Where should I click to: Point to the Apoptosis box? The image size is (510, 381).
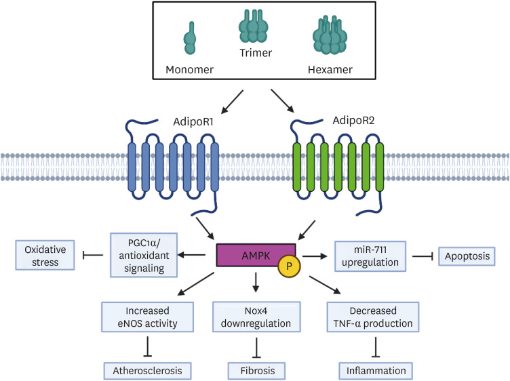pyautogui.click(x=467, y=257)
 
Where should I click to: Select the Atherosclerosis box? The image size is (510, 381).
pyautogui.click(x=147, y=371)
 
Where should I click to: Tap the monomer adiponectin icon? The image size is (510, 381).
pyautogui.click(x=190, y=39)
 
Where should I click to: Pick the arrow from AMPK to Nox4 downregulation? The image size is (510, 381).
pyautogui.click(x=255, y=282)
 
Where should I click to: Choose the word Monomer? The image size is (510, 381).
pyautogui.click(x=190, y=70)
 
